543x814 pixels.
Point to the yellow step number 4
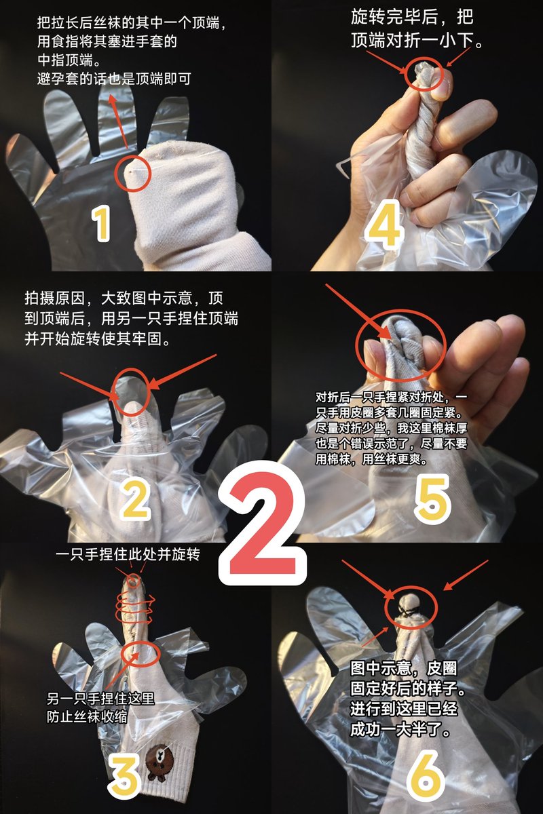384,225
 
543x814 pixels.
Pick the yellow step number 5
432,501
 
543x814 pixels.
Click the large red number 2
263,523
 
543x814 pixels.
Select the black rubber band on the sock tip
408,611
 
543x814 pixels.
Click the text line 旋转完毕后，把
413,16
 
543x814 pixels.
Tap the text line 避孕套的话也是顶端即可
114,79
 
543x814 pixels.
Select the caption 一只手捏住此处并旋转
128,555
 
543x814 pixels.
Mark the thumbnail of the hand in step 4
441,88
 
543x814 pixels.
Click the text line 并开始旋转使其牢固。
98,339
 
